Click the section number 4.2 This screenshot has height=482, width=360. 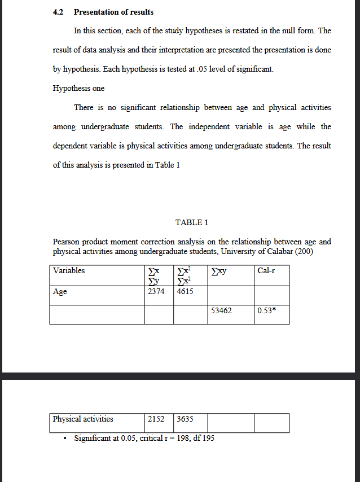click(x=58, y=12)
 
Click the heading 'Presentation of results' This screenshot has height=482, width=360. click(x=113, y=12)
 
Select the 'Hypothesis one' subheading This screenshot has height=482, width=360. click(x=78, y=89)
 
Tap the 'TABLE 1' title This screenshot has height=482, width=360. click(x=192, y=222)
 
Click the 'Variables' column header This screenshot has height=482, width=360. click(x=69, y=270)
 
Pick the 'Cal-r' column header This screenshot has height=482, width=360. click(x=266, y=270)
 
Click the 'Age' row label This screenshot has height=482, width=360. click(x=60, y=291)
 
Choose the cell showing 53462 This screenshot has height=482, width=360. click(x=221, y=310)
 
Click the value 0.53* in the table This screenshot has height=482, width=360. click(x=266, y=310)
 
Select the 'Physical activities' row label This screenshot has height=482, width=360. click(x=83, y=419)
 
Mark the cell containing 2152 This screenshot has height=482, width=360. click(x=156, y=419)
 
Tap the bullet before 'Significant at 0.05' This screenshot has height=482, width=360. click(x=67, y=439)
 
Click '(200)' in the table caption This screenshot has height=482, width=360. click(x=305, y=251)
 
